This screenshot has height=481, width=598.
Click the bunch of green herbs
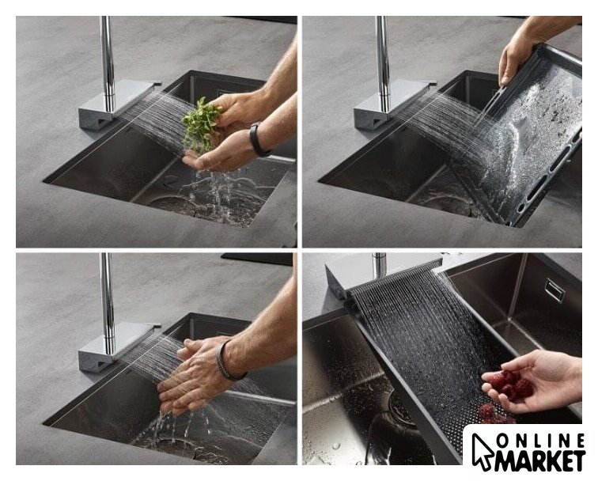coord(199,124)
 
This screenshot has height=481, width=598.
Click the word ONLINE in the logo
coord(541,441)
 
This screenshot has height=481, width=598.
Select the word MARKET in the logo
coord(539,460)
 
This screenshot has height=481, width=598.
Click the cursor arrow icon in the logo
coord(482,451)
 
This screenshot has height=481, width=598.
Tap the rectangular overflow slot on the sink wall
coord(554,290)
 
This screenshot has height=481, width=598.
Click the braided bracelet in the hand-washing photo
coord(225,361)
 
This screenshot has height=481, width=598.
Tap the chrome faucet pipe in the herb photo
coord(108,64)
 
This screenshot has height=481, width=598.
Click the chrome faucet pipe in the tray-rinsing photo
coord(383,64)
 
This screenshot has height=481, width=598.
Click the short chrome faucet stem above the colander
coord(380,265)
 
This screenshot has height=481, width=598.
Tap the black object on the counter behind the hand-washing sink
coord(256,259)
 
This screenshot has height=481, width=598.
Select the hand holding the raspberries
coord(533,381)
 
